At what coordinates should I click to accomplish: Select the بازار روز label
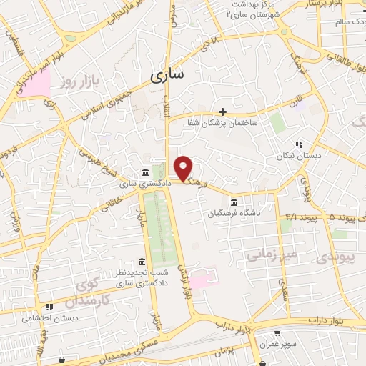click(x=77, y=84)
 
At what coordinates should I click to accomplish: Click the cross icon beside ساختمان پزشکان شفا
click(x=223, y=112)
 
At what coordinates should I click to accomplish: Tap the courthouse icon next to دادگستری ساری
click(x=145, y=172)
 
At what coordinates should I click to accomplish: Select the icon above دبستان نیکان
click(x=299, y=144)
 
